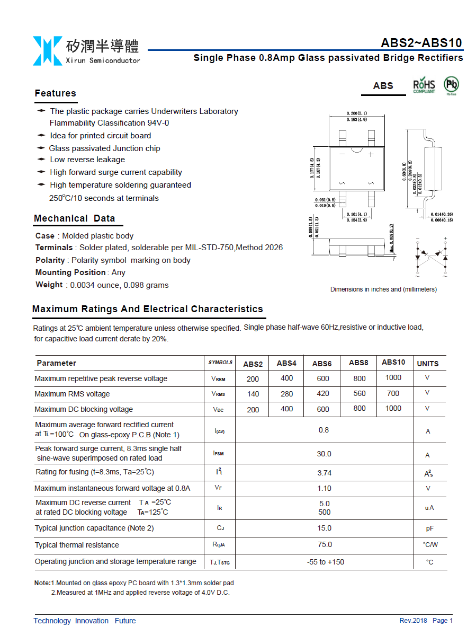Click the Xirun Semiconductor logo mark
click(47, 51)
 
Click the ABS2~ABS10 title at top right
click(421, 43)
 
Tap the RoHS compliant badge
click(424, 85)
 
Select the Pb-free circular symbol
click(451, 85)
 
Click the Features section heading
click(56, 93)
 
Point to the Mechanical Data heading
click(74, 218)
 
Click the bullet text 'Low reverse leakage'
click(87, 160)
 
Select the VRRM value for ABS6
click(323, 378)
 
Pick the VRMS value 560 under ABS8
click(360, 393)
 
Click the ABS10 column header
click(393, 362)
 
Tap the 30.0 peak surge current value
click(324, 454)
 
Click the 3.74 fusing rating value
click(324, 473)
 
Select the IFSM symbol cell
click(219, 454)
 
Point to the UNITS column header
click(428, 364)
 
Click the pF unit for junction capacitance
click(429, 528)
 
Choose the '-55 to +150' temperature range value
click(325, 562)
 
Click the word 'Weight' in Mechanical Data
click(49, 285)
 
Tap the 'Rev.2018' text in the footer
click(413, 621)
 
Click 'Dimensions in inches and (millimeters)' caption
click(383, 289)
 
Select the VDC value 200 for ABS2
click(253, 410)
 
